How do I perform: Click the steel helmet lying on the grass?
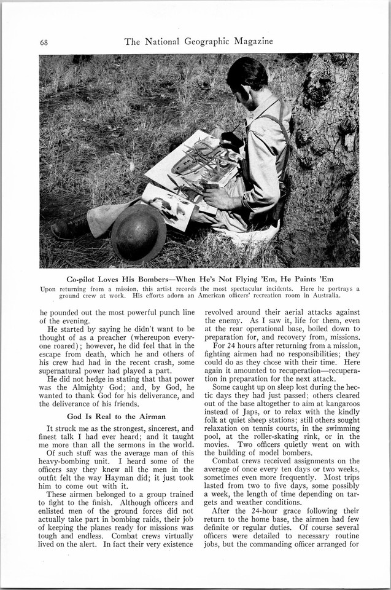tap(138, 233)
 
